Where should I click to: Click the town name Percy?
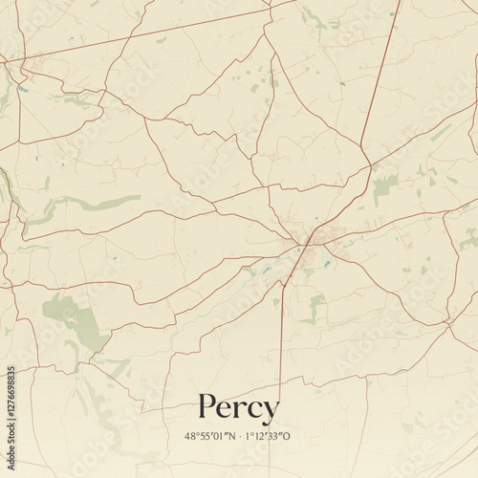coord(239,408)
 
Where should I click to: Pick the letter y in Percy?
coord(271,411)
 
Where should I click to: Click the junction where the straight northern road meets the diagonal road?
coord(370,167)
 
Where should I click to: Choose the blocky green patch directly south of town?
coord(316,306)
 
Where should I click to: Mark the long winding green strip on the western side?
coord(86,203)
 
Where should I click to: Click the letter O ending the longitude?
coord(287,437)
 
